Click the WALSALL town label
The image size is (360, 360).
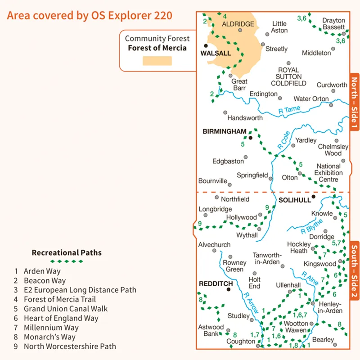click(216, 53)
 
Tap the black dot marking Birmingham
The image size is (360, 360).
click(251, 136)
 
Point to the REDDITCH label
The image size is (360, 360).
click(216, 284)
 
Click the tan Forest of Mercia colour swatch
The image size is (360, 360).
click(157, 61)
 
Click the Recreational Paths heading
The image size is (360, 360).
click(67, 253)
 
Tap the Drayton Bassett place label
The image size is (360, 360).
click(334, 24)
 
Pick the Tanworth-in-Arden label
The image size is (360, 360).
click(267, 258)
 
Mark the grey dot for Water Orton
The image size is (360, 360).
click(331, 105)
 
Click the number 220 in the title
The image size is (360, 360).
click(163, 15)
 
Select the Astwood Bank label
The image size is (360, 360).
click(211, 330)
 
